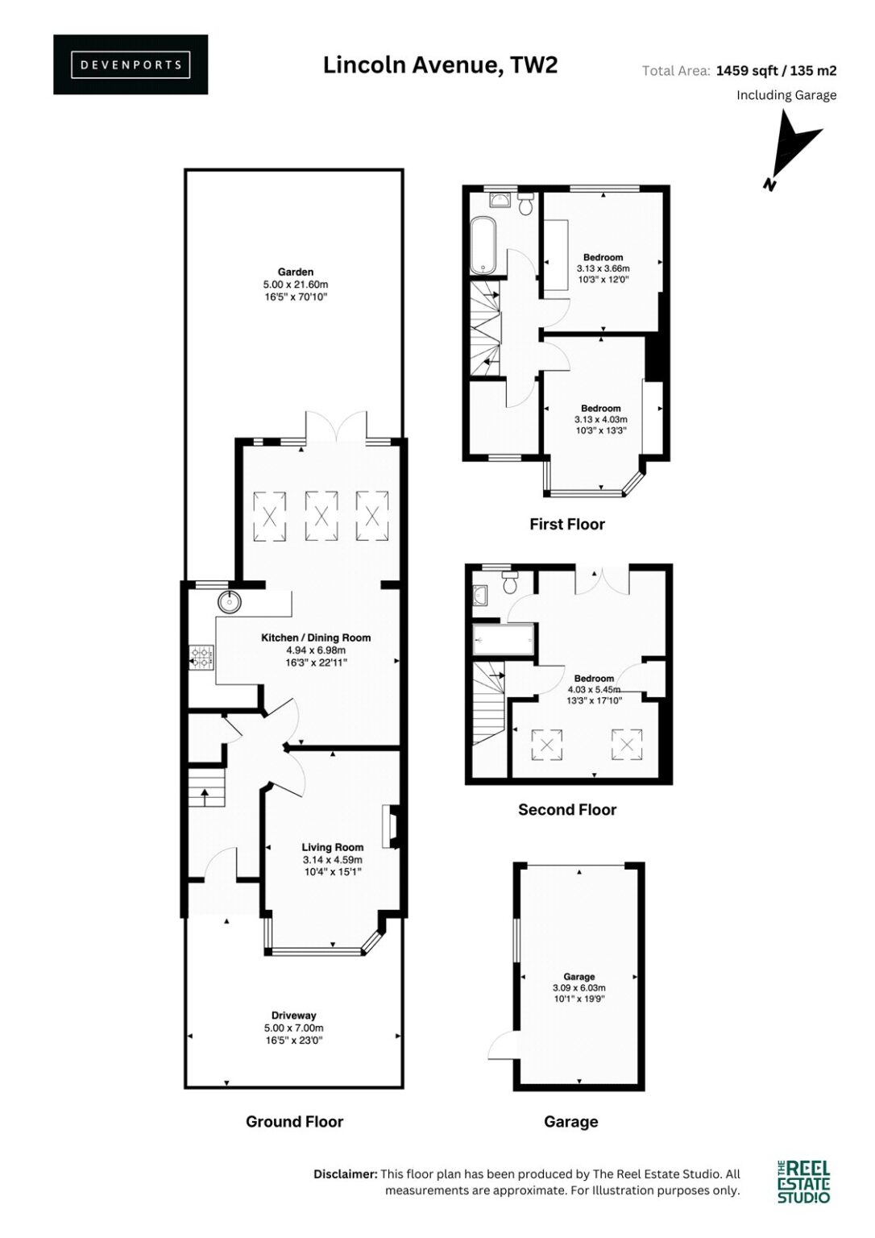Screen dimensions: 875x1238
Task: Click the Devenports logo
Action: tap(131, 64)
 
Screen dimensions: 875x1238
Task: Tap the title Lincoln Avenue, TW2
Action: tap(440, 65)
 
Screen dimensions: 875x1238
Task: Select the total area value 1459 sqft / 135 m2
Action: tap(776, 71)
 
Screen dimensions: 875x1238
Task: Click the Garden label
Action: tap(296, 272)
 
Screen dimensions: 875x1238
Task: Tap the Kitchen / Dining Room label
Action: tap(316, 638)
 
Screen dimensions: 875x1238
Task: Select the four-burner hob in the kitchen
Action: tap(200, 658)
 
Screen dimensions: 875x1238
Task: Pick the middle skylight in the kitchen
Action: tap(321, 517)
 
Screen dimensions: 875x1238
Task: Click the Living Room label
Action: tap(333, 847)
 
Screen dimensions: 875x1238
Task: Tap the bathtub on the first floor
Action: tap(484, 245)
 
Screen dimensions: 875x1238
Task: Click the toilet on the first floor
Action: tap(525, 205)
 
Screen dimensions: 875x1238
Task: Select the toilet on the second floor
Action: tap(508, 582)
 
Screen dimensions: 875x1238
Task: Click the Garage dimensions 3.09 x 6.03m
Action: tap(579, 987)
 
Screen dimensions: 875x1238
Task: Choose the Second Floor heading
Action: tap(567, 810)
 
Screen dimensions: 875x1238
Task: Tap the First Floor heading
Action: tap(567, 524)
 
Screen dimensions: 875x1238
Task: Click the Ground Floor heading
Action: tap(294, 1121)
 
